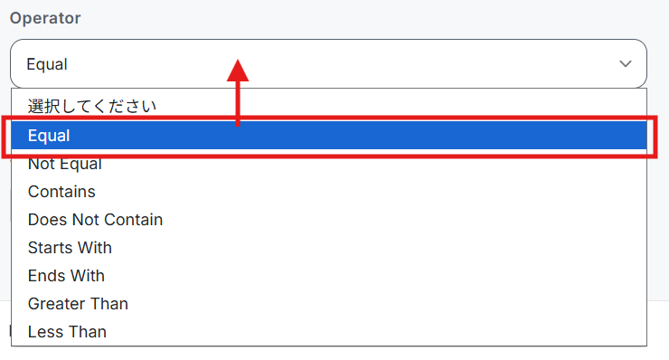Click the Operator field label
point(45,18)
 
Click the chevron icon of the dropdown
point(625,64)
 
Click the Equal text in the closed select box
point(47,64)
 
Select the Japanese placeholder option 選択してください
point(92,106)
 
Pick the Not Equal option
point(65,164)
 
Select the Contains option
point(61,192)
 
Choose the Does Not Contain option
point(95,220)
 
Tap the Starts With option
point(70,248)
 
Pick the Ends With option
point(66,276)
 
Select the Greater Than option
point(78,304)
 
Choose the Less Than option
point(67,332)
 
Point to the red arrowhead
point(238,71)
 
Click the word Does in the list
point(48,220)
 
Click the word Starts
point(46,248)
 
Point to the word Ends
point(44,276)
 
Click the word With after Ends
point(85,276)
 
